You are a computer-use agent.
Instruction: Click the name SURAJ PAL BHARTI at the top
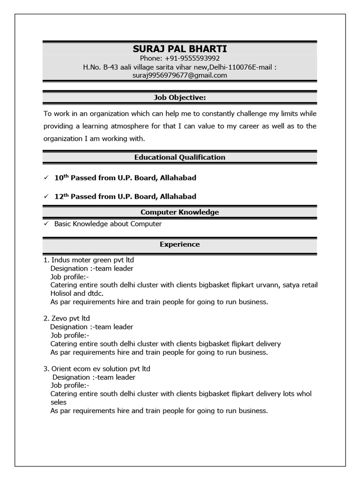pyautogui.click(x=180, y=49)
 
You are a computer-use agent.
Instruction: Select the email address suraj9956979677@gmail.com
pyautogui.click(x=180, y=75)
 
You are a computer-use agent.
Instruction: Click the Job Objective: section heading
pyautogui.click(x=180, y=97)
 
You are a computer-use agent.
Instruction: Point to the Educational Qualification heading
pyautogui.click(x=180, y=157)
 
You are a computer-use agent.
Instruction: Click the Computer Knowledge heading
pyautogui.click(x=180, y=212)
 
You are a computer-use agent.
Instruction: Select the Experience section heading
pyautogui.click(x=180, y=244)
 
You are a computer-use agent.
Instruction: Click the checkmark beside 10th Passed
pyautogui.click(x=45, y=178)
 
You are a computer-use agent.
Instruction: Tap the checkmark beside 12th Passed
pyautogui.click(x=45, y=197)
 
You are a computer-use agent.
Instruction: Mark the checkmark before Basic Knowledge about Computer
pyautogui.click(x=45, y=224)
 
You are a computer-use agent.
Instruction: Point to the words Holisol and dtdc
pyautogui.click(x=77, y=293)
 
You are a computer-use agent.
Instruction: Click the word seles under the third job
pyautogui.click(x=58, y=402)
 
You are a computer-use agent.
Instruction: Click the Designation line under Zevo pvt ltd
pyautogui.click(x=92, y=327)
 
